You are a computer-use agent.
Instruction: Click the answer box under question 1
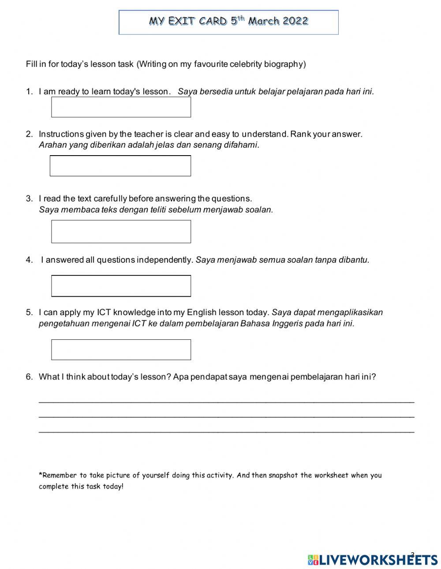tap(121, 107)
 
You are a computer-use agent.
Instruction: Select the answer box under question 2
tap(120, 166)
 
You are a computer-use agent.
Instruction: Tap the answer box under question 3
tap(121, 231)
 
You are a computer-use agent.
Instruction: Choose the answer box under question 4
tap(121, 286)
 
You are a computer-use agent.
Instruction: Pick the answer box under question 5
tap(121, 350)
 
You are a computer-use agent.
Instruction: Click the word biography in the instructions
tap(284, 64)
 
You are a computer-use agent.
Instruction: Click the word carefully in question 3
tap(110, 199)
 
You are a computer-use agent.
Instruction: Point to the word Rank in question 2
tap(300, 134)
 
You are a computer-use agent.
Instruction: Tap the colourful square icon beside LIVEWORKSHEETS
tap(313, 560)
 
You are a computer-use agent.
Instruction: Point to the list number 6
tap(29, 377)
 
